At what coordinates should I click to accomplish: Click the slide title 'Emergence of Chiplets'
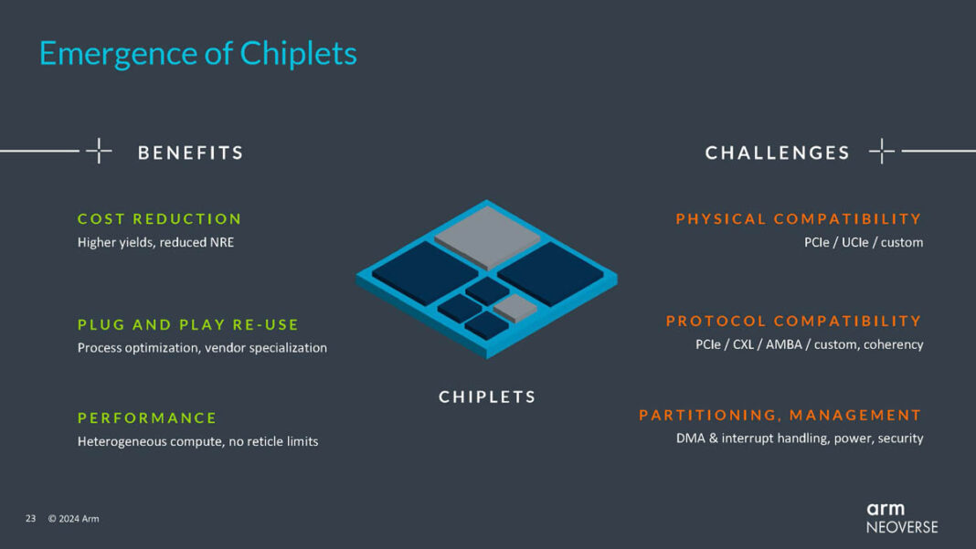(197, 54)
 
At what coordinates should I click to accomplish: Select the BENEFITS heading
(190, 153)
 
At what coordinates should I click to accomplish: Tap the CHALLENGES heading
(777, 153)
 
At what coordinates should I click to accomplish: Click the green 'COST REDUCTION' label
(159, 219)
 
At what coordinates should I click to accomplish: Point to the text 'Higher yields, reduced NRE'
(155, 242)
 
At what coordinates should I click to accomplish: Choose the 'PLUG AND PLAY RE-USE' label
(188, 324)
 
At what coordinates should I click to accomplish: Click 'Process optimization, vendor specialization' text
(202, 348)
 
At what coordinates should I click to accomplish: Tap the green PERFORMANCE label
(147, 418)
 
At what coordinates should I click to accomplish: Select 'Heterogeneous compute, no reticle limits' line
(197, 441)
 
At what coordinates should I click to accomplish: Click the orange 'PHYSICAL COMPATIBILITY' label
(799, 219)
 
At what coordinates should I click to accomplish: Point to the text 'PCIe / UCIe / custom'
(858, 242)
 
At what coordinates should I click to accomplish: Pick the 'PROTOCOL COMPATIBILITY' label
(793, 322)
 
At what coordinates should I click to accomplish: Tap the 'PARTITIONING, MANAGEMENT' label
(780, 416)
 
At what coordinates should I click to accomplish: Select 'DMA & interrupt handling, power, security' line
(800, 438)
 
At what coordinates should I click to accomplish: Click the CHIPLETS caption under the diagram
(487, 397)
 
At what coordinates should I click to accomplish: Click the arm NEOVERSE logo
(901, 517)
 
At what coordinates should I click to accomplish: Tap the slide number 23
(30, 519)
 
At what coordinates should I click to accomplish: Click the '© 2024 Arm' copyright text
(73, 519)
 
